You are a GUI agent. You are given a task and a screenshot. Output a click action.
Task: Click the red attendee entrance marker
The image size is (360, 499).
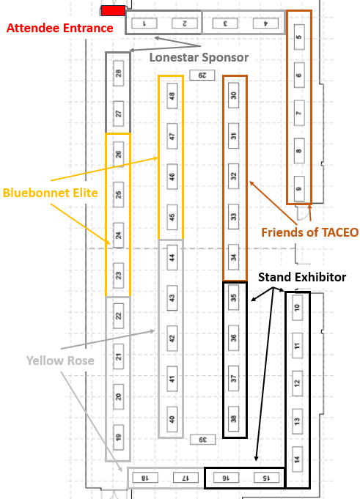(x=113, y=10)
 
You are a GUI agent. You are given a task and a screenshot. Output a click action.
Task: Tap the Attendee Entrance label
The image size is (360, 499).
(x=60, y=28)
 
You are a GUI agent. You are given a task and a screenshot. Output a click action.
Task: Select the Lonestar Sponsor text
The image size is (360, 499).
(x=199, y=57)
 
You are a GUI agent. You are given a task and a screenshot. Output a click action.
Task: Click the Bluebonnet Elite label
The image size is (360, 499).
(x=51, y=193)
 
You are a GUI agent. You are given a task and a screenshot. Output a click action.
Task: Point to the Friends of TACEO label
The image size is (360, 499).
(x=309, y=232)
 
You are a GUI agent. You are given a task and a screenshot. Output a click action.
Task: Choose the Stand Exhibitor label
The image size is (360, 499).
(x=302, y=277)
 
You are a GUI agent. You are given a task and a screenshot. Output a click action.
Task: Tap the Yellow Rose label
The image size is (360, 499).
(x=60, y=361)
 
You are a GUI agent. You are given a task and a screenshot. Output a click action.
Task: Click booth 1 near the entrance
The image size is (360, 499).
(x=144, y=23)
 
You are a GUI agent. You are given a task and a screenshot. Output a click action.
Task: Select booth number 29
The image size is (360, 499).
(x=202, y=75)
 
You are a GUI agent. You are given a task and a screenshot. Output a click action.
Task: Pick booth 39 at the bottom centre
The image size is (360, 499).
(x=203, y=440)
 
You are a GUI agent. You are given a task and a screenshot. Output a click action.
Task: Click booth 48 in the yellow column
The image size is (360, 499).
(x=172, y=96)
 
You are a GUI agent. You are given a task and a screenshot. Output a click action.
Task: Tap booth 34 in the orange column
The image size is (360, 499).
(x=234, y=256)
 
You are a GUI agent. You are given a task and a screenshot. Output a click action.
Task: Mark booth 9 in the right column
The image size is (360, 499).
(x=299, y=189)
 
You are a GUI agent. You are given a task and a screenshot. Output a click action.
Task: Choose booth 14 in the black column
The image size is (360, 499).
(x=297, y=459)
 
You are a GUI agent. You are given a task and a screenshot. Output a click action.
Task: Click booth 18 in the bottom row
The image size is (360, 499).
(x=145, y=478)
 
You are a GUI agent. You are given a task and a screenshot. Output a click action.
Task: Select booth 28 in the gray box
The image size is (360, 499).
(x=118, y=73)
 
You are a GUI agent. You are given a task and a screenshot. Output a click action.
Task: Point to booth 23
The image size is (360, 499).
(x=118, y=276)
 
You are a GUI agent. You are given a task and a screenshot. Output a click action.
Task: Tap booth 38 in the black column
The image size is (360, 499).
(x=234, y=419)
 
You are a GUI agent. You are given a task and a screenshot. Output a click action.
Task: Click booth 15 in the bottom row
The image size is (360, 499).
(x=266, y=478)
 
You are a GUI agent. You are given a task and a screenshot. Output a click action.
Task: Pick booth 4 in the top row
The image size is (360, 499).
(x=265, y=23)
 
